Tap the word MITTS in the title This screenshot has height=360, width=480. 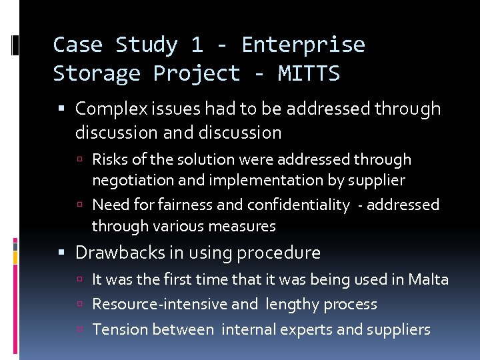[x=309, y=73]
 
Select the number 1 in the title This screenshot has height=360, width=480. [x=196, y=45]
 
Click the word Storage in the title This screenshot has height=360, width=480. [x=97, y=73]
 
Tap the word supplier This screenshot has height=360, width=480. [x=375, y=181]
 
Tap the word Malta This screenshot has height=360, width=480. [x=428, y=279]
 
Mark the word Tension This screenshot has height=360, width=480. [x=119, y=329]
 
